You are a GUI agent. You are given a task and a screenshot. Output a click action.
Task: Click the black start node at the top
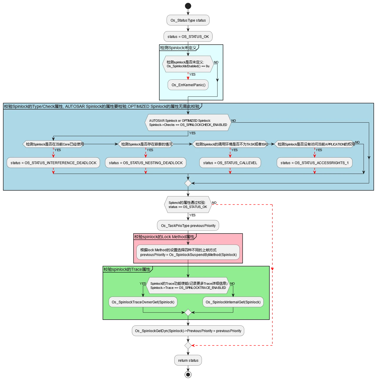pyautogui.click(x=188, y=6)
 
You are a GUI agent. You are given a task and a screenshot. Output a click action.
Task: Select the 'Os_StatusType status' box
pyautogui.click(x=188, y=20)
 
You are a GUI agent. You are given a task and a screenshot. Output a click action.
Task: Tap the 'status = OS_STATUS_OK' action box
pyautogui.click(x=188, y=36)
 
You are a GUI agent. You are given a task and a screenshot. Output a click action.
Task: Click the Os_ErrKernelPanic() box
pyautogui.click(x=188, y=85)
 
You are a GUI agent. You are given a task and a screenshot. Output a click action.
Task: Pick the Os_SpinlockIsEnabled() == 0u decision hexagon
pyautogui.click(x=188, y=64)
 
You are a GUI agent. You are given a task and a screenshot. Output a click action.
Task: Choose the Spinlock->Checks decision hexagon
pyautogui.click(x=188, y=123)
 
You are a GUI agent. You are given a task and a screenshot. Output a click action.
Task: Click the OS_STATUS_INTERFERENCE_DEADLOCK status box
pyautogui.click(x=53, y=163)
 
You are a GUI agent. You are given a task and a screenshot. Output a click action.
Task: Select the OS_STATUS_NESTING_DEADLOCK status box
pyautogui.click(x=145, y=163)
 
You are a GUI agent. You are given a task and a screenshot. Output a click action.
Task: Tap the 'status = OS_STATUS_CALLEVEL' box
pyautogui.click(x=230, y=163)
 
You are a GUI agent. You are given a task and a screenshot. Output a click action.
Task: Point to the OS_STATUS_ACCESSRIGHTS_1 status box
pyautogui.click(x=314, y=163)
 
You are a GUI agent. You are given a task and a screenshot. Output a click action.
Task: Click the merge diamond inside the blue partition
pyautogui.click(x=188, y=183)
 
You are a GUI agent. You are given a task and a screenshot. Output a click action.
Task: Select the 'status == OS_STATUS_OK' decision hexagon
pyautogui.click(x=188, y=205)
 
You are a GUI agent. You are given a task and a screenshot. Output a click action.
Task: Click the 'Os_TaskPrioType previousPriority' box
pyautogui.click(x=188, y=225)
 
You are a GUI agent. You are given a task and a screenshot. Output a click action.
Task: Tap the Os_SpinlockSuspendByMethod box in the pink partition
pyautogui.click(x=188, y=252)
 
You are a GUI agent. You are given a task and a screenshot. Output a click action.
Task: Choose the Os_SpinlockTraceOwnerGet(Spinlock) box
pyautogui.click(x=143, y=302)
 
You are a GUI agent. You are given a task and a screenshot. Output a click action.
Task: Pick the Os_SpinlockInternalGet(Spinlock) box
pyautogui.click(x=233, y=302)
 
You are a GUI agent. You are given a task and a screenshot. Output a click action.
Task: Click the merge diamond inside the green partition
pyautogui.click(x=188, y=313)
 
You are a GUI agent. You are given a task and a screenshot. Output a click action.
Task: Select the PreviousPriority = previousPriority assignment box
pyautogui.click(x=188, y=331)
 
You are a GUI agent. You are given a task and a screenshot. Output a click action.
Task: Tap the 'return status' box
pyautogui.click(x=188, y=360)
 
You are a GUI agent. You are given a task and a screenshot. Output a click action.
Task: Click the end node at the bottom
pyautogui.click(x=188, y=374)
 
